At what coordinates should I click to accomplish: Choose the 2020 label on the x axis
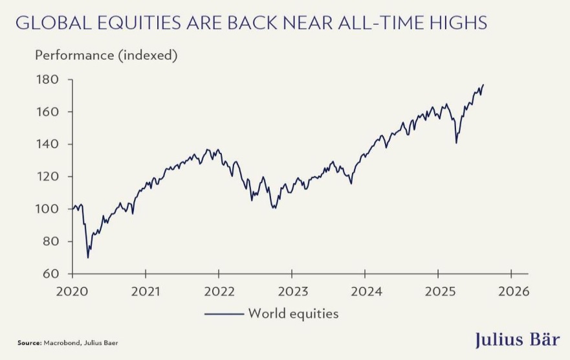click(72, 291)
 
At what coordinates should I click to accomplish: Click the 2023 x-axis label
click(292, 291)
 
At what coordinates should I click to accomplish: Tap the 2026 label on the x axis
click(511, 291)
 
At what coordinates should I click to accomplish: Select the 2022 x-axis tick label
click(219, 291)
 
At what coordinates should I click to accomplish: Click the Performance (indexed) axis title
click(106, 56)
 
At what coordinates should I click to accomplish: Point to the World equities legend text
click(293, 314)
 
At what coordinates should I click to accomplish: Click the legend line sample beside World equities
click(224, 314)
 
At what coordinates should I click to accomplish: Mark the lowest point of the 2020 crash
click(88, 258)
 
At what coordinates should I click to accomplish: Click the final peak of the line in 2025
click(483, 85)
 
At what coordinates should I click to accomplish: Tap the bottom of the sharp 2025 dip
click(456, 142)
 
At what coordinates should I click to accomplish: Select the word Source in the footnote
click(29, 341)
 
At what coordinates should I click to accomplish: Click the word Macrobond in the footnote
click(60, 341)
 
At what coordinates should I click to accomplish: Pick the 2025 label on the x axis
click(438, 291)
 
